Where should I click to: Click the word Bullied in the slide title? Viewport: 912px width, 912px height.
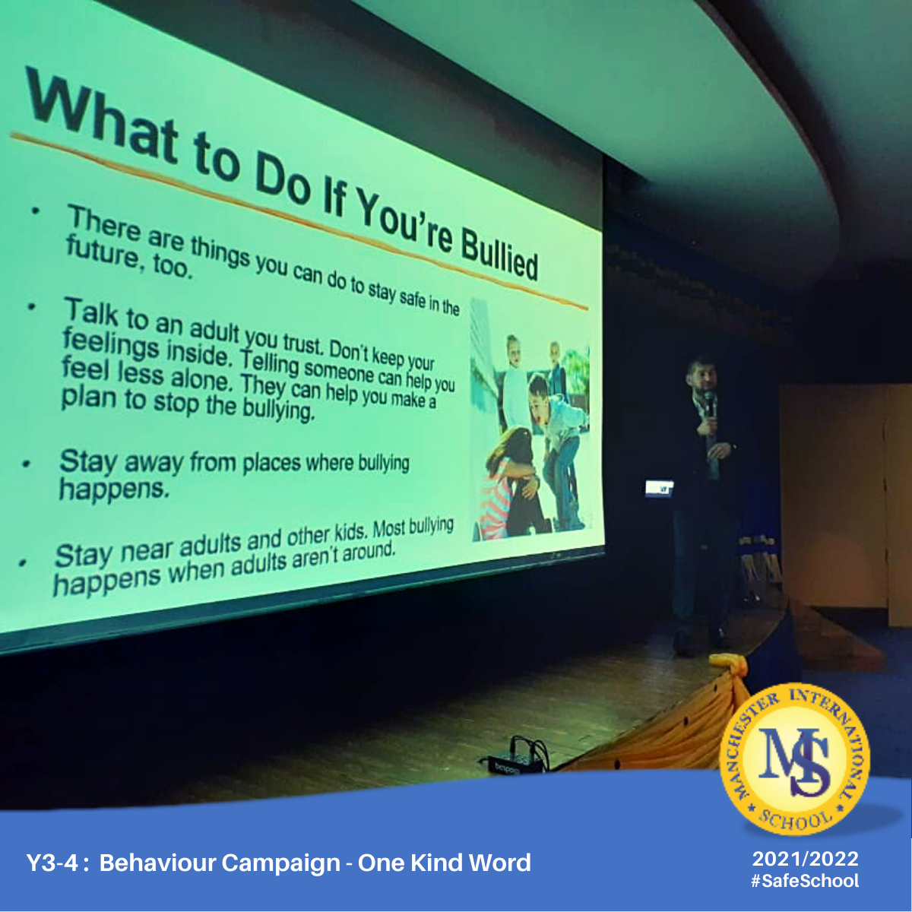499,254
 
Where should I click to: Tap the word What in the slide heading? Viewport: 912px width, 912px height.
103,116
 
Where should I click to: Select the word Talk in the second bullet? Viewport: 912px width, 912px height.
91,312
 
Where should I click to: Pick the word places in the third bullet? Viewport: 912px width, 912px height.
271,463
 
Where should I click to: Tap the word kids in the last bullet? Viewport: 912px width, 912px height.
350,533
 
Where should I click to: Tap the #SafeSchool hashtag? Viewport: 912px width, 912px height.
805,881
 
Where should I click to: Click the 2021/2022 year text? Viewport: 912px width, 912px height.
805,859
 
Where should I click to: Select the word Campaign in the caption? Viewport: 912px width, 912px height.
280,863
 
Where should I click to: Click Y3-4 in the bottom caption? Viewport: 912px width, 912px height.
52,863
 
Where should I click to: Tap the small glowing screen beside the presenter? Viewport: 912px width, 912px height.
659,489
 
